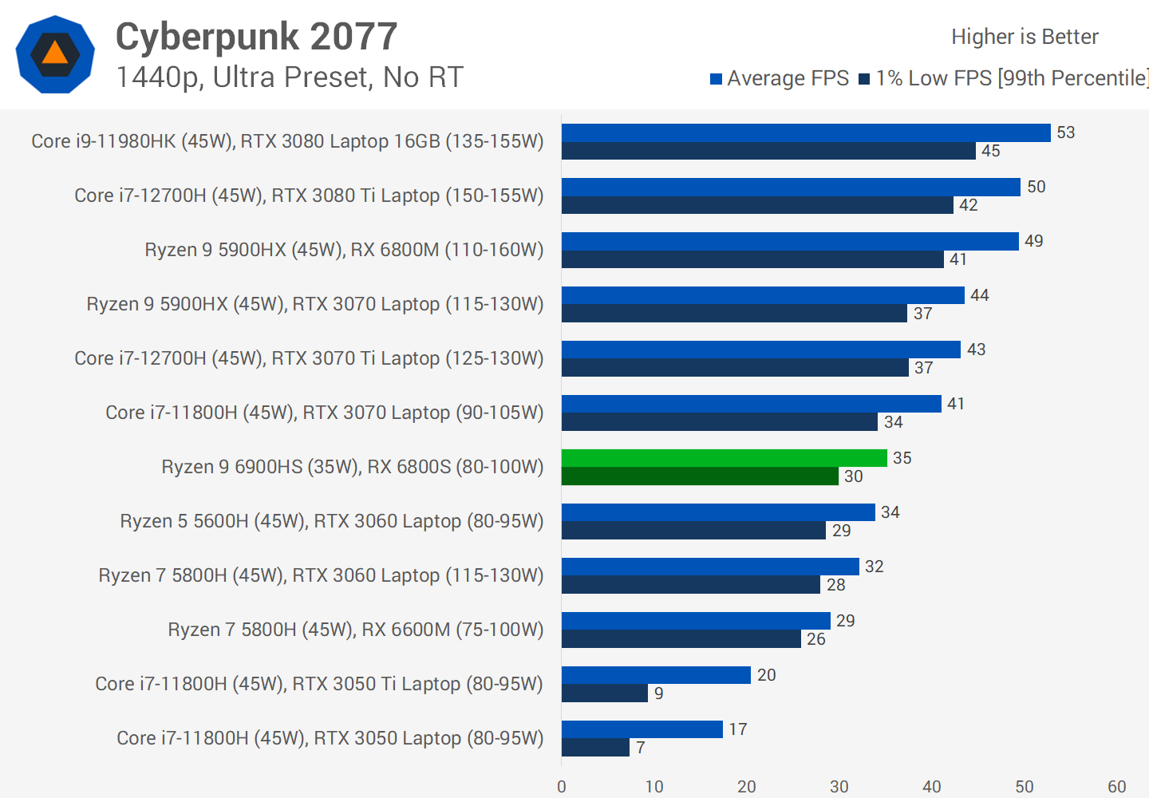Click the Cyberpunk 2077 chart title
[x=256, y=37]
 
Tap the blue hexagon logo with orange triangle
[x=55, y=54]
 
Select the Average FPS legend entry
[x=780, y=78]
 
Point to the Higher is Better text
[x=1025, y=37]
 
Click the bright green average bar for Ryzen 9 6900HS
[x=724, y=458]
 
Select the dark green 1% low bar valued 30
[x=700, y=476]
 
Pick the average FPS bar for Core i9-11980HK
[x=806, y=132]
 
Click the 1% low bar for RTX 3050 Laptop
[x=595, y=748]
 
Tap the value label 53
[x=1066, y=132]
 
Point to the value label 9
[x=659, y=693]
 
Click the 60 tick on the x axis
[x=1117, y=787]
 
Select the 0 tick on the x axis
[x=562, y=787]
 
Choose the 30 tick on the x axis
[x=839, y=787]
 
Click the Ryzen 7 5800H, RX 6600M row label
[x=356, y=630]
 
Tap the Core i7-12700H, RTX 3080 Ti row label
[x=309, y=196]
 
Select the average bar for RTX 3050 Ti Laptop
[x=656, y=675]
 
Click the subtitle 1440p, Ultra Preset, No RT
[x=290, y=77]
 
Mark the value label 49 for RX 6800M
[x=1034, y=241]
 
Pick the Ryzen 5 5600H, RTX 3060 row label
[x=332, y=521]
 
